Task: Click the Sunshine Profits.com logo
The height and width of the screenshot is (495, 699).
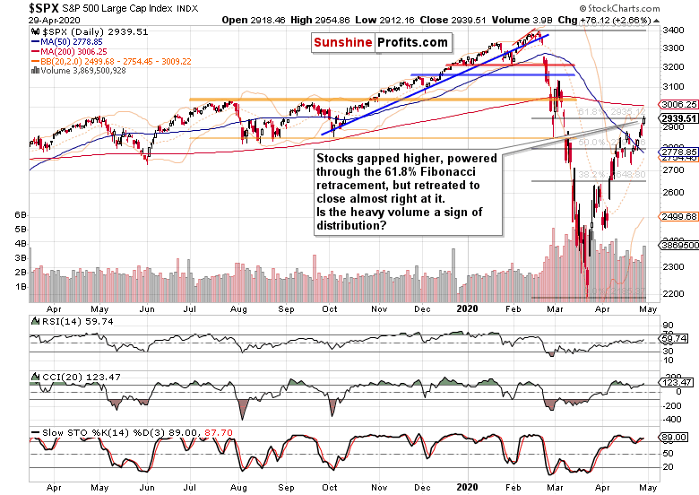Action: click(x=380, y=43)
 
